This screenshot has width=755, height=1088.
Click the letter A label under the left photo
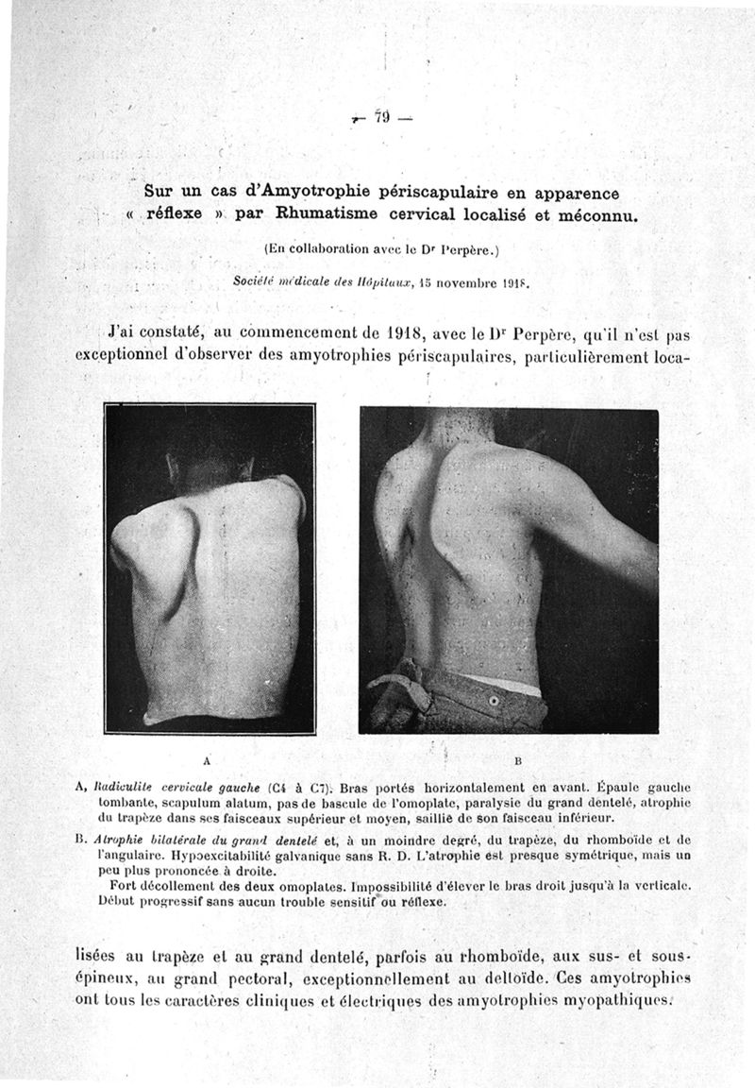tap(206, 759)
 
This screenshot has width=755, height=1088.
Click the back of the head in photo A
tap(210, 466)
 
